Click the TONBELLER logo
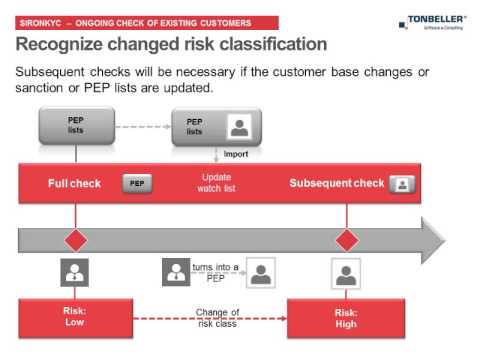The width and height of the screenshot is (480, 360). click(436, 20)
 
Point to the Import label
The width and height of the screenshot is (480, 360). click(235, 154)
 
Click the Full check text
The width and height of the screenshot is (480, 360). click(76, 183)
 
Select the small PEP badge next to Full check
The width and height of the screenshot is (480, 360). click(137, 184)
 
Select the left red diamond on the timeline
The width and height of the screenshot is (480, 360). click(76, 241)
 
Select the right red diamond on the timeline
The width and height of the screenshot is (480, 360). click(346, 241)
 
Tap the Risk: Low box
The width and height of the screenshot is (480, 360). click(76, 317)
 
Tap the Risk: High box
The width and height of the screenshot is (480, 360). click(346, 317)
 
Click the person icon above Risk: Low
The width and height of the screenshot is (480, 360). click(76, 272)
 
